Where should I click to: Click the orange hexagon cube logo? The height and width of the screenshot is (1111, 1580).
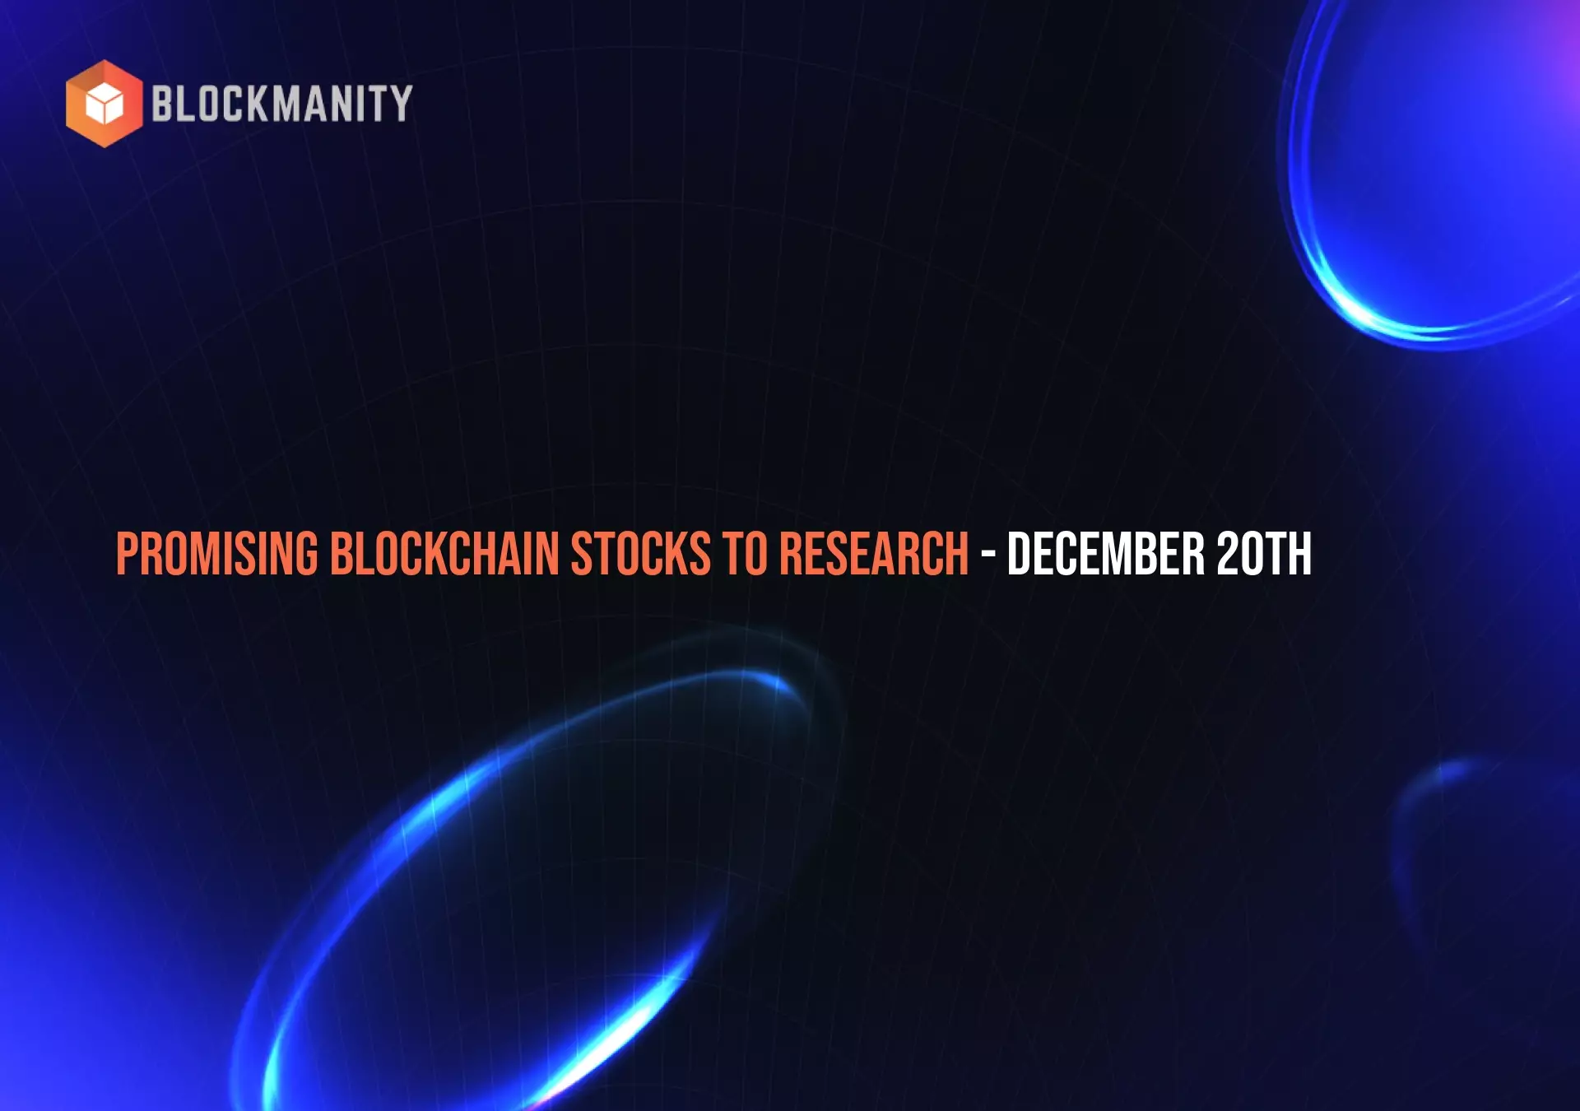(x=105, y=104)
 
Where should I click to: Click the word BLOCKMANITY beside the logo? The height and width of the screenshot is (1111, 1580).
(x=282, y=104)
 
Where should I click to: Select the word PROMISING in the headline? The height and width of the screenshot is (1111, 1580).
(x=217, y=553)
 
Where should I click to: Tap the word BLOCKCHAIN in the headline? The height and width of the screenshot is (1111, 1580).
(x=445, y=553)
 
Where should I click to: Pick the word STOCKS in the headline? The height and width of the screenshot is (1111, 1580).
(x=641, y=553)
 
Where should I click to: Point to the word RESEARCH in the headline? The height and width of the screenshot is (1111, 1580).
(x=874, y=553)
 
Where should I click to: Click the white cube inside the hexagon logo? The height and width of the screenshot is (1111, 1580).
(x=105, y=104)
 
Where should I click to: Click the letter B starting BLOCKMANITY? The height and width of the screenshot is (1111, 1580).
(x=163, y=104)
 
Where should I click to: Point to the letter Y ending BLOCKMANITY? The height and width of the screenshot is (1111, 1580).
(x=401, y=104)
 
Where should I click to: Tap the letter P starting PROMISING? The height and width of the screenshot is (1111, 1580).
(x=126, y=553)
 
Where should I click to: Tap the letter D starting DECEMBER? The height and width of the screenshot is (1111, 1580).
(x=1019, y=553)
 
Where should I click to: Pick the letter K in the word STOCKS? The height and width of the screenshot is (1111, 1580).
(x=676, y=553)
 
